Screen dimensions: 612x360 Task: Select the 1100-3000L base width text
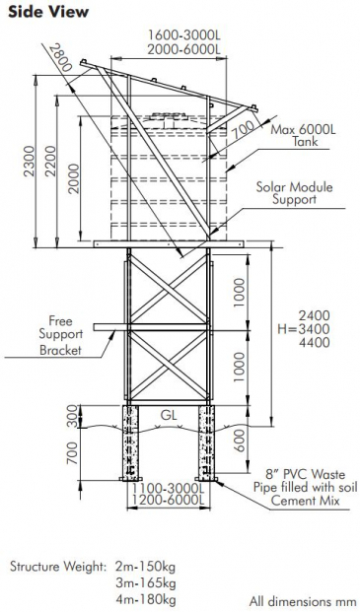[167, 488]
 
